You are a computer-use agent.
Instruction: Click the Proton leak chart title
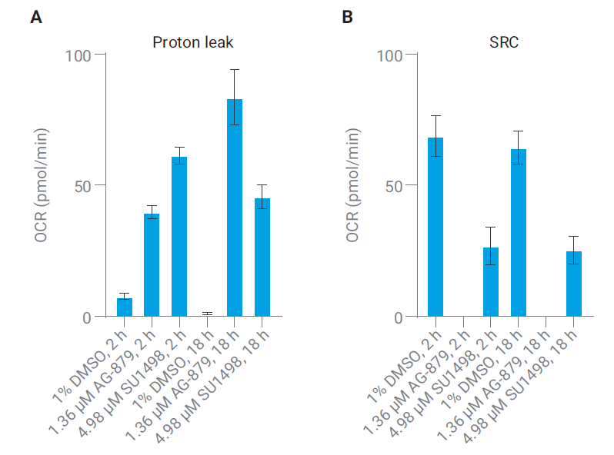192,42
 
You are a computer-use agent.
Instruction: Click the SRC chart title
504,42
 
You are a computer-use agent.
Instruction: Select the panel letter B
348,17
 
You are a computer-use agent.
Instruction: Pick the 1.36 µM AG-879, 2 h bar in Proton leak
152,265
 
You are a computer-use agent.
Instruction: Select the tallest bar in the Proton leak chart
235,208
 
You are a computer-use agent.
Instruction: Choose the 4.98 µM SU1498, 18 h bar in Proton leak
262,257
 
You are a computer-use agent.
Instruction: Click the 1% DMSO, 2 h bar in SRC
435,227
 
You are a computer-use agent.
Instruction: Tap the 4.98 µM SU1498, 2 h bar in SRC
491,282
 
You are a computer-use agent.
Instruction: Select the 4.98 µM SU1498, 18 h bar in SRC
574,284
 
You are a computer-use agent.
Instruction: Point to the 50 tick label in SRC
393,186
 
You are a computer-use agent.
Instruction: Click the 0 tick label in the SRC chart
398,317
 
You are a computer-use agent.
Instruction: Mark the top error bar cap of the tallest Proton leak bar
235,70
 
